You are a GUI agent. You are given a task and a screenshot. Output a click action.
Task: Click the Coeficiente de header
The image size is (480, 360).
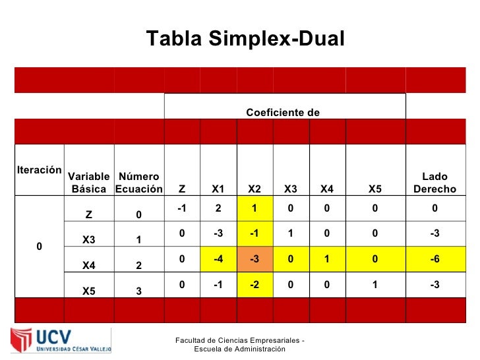[x=283, y=113]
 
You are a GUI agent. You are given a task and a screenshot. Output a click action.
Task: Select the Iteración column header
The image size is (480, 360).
[x=39, y=169]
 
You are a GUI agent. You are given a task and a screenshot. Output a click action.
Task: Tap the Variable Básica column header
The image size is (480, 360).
[x=89, y=183]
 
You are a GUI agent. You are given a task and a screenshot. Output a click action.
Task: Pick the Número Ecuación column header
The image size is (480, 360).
[x=138, y=183]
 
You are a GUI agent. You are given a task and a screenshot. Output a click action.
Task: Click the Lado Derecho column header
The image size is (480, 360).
[x=435, y=183]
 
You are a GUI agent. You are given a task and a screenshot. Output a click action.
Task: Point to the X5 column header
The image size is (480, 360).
[x=375, y=189]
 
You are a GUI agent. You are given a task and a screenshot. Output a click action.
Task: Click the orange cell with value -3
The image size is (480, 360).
[x=254, y=259]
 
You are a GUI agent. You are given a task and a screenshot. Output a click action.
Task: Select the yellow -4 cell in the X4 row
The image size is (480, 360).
[x=218, y=259]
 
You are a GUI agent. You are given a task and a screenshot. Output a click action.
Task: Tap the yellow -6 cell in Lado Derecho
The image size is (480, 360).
[x=435, y=259]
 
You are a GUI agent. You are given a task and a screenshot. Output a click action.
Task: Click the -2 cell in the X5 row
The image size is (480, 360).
[x=254, y=284]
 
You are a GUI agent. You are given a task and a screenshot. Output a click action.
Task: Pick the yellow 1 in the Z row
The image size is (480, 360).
[x=254, y=208]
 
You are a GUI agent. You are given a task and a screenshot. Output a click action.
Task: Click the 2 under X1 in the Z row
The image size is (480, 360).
[x=218, y=208]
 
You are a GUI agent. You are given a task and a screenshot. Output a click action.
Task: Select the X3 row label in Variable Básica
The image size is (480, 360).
[x=89, y=240]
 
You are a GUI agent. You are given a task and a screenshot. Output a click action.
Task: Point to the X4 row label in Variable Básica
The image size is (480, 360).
[x=89, y=266]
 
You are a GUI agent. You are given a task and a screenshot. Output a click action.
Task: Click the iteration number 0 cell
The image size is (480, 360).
[x=39, y=246]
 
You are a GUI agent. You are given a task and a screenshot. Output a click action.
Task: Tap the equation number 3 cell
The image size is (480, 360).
[x=138, y=291]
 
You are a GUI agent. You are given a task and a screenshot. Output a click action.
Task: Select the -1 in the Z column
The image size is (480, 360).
[x=181, y=208]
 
